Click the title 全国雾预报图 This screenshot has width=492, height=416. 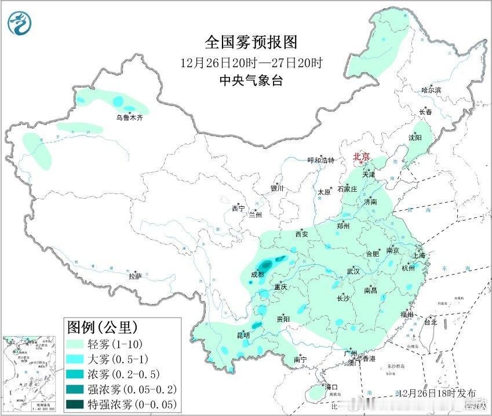coord(251,42)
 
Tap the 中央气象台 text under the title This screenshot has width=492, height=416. coord(251,81)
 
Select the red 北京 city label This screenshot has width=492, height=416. coord(362,156)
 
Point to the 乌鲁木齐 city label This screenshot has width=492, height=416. coord(129,118)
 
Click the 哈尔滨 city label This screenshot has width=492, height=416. coord(431,90)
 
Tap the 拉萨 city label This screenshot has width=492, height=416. coord(135,276)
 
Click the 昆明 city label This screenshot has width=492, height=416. coord(243,335)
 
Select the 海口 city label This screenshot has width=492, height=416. coord(330,386)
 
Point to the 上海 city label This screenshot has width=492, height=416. coord(419,255)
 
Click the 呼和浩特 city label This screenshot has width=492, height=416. coord(320,160)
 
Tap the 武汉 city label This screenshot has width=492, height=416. coord(353,271)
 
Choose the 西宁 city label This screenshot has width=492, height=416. coord(238,208)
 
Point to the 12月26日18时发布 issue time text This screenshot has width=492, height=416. coord(429,393)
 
